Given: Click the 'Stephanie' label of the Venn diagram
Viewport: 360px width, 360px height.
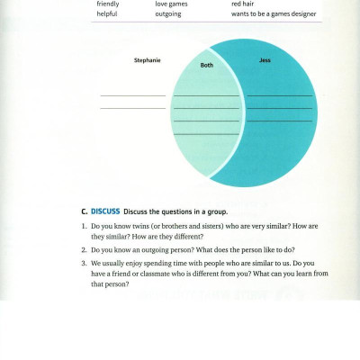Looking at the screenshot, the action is click(x=147, y=60).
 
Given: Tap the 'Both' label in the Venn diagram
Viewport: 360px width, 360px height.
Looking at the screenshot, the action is click(x=206, y=66).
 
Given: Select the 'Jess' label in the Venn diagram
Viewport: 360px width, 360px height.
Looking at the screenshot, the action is click(x=264, y=60).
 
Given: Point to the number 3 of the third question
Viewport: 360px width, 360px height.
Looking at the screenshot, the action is click(x=84, y=264).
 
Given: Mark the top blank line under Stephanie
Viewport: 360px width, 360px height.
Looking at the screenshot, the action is click(x=132, y=95).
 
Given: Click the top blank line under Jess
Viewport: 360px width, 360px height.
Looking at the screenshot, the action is click(x=280, y=95).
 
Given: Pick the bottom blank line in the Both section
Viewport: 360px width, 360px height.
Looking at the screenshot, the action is click(x=206, y=134).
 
